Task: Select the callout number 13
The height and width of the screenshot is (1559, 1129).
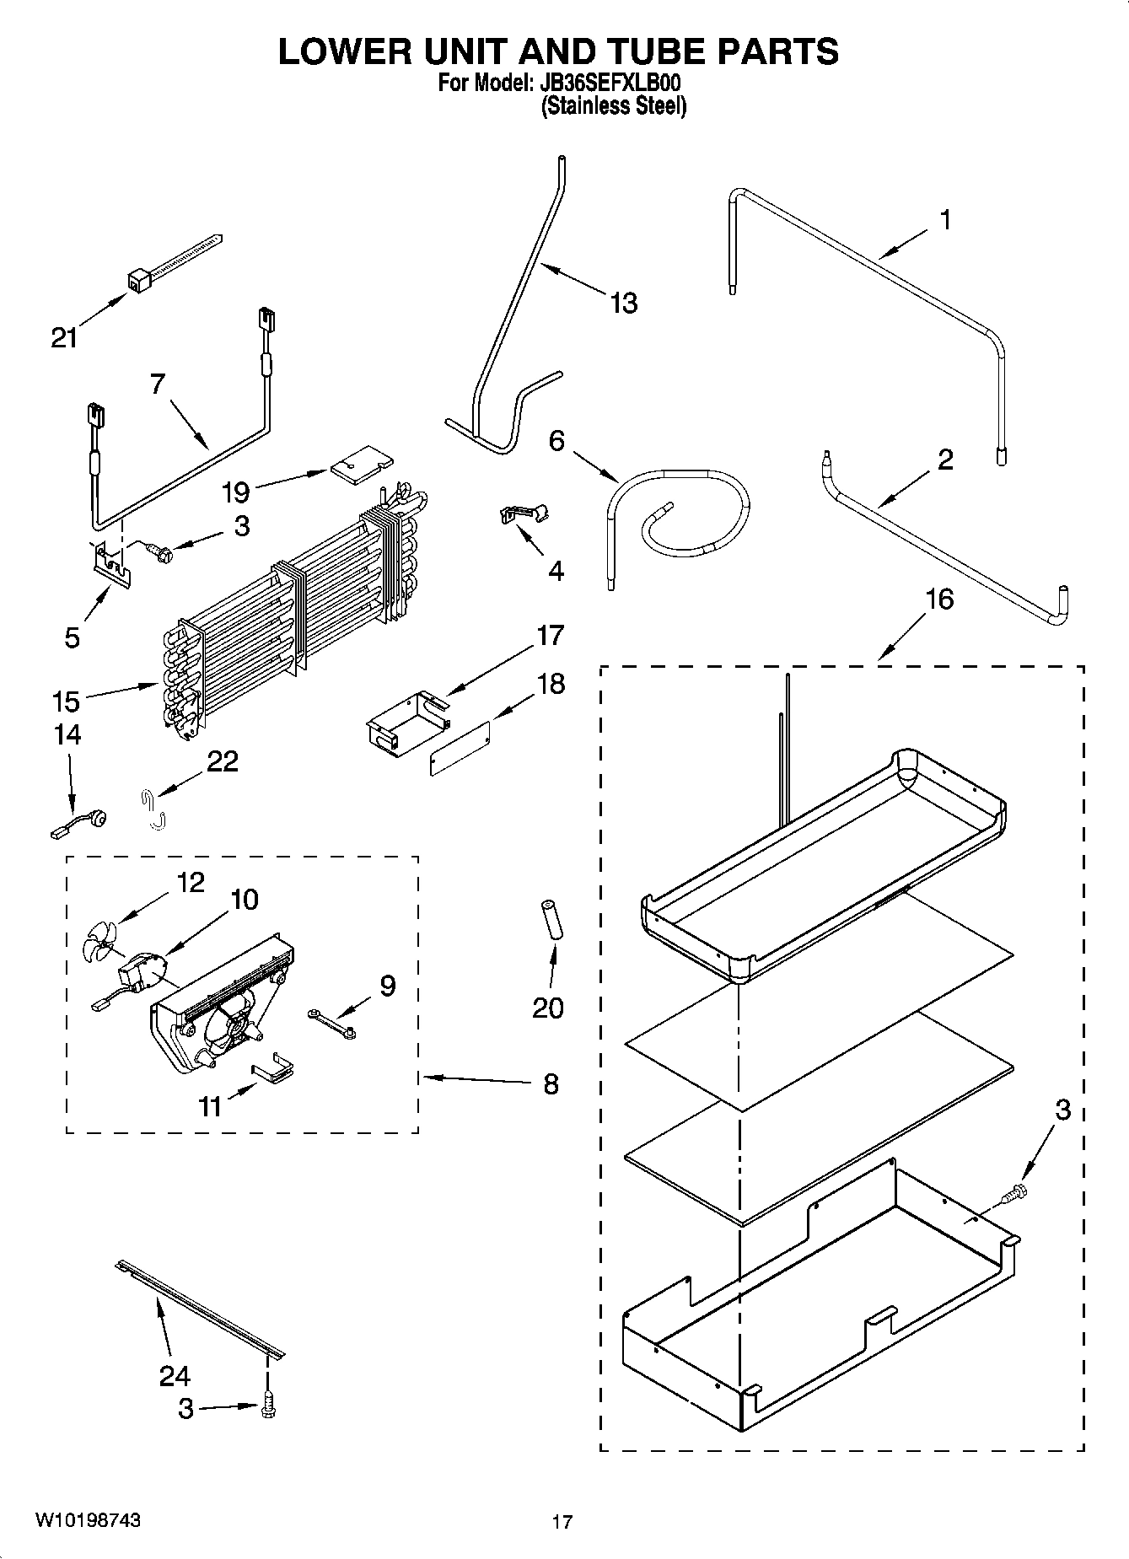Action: tap(624, 303)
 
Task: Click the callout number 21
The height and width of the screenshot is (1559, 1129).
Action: tap(64, 338)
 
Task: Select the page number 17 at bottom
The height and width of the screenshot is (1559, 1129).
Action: tap(562, 1523)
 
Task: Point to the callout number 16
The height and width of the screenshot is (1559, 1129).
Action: tap(940, 599)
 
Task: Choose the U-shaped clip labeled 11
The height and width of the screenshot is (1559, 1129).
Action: tap(274, 1069)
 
